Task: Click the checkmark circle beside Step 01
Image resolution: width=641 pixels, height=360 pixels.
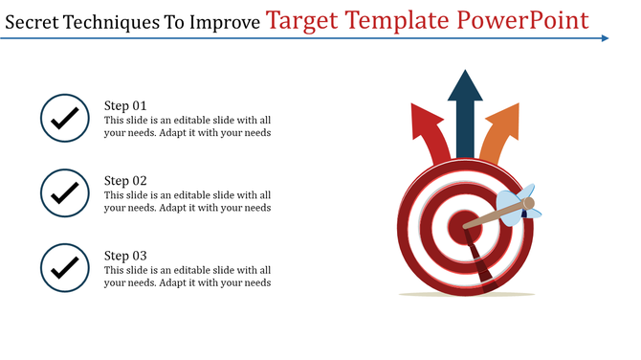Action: (x=64, y=118)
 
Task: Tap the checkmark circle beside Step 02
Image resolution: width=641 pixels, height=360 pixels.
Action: (x=64, y=192)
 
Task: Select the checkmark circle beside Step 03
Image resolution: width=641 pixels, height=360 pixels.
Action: (x=64, y=267)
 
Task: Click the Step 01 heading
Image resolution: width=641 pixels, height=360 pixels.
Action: (x=125, y=105)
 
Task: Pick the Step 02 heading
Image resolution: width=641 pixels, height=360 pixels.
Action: (x=125, y=180)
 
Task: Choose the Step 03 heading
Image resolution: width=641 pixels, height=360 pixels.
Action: (x=125, y=255)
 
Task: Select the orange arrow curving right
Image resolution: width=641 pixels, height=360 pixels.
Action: (x=501, y=126)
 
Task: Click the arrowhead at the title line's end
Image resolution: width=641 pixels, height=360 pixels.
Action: (x=606, y=38)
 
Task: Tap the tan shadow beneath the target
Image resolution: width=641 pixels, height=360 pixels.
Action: (x=466, y=294)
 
